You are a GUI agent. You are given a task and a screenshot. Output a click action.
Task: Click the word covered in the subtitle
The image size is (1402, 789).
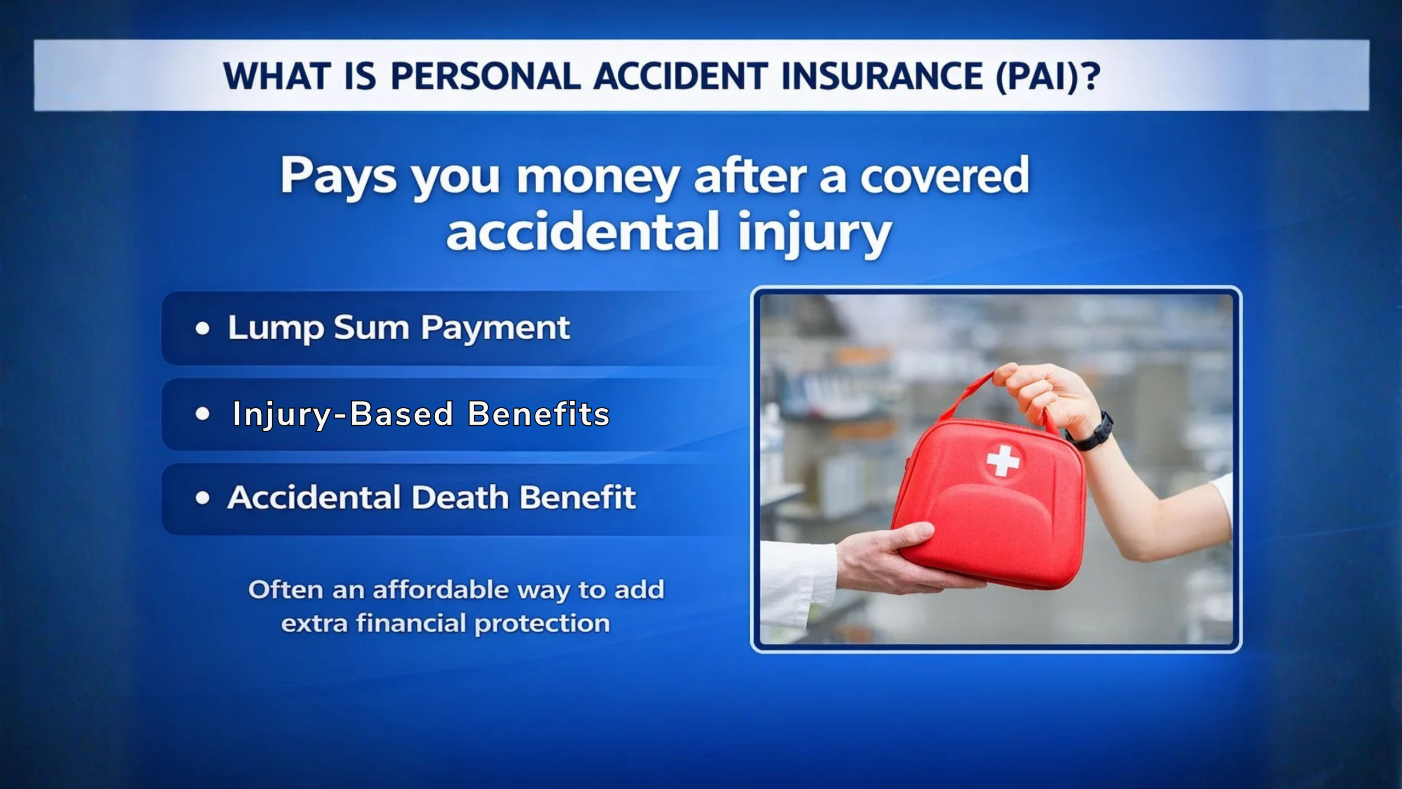tap(944, 175)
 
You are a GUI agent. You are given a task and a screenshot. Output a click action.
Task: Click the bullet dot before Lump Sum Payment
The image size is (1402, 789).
tap(203, 329)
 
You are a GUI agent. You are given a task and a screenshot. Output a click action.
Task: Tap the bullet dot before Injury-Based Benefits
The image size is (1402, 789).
tap(203, 414)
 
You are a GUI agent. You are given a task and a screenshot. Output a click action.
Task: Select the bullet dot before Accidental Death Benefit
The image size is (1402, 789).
tap(203, 498)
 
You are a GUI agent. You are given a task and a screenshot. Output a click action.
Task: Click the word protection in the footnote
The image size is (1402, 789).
tap(542, 624)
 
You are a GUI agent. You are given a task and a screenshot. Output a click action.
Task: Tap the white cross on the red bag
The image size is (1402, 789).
tap(1003, 461)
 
